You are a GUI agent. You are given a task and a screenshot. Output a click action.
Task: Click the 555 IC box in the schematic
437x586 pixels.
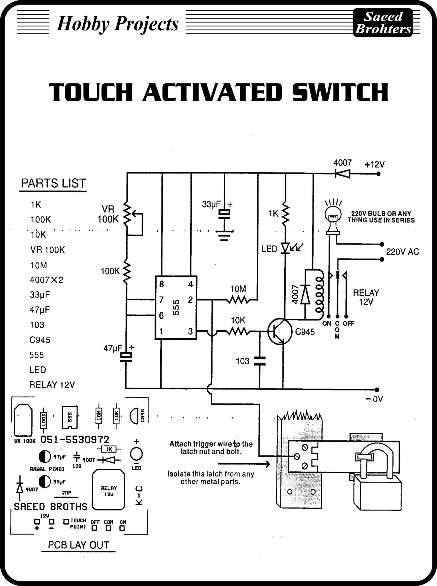point(176,307)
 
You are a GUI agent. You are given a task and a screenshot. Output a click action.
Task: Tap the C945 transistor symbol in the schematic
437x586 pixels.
point(280,332)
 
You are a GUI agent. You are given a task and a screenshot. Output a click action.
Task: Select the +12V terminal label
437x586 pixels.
point(374,165)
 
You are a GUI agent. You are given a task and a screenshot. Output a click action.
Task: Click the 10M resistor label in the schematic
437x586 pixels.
point(238,289)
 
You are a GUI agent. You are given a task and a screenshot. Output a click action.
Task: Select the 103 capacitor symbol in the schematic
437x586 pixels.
point(259,361)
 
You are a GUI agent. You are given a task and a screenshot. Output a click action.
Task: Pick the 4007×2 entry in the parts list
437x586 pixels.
point(46,280)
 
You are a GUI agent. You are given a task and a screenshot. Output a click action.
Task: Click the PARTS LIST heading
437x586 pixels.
point(54,183)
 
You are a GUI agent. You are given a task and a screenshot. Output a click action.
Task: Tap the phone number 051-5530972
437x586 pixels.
point(75,440)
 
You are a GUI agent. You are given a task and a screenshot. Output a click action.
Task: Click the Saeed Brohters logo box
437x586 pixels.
point(383,22)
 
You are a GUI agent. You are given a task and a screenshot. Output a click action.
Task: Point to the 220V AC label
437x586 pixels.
point(402,252)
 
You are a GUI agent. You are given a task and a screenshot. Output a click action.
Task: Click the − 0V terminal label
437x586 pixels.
point(374,399)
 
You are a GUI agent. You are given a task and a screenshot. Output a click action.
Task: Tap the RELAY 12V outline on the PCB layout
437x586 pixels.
point(108,490)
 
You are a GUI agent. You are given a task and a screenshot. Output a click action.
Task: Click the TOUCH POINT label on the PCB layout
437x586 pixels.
point(78,524)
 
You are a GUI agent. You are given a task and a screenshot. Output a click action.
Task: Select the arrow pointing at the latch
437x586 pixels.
point(244,464)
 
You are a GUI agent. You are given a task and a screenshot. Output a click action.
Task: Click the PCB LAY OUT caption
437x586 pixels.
point(78,545)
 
